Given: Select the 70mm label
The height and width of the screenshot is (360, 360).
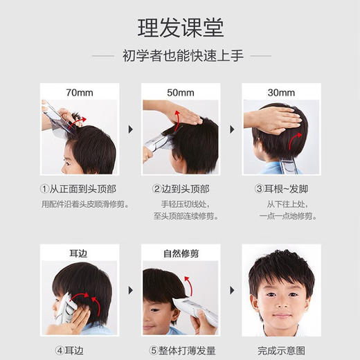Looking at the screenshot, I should tap(79, 92).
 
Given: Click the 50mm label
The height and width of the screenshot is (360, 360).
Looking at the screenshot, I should tap(181, 92).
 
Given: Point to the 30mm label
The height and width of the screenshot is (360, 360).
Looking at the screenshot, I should tap(282, 92).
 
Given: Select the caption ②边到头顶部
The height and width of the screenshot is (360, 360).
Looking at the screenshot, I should tap(181, 189).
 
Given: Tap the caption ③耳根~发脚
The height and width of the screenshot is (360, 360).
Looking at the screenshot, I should tap(282, 189).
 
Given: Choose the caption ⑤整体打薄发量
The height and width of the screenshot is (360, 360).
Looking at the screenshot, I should tap(181, 350).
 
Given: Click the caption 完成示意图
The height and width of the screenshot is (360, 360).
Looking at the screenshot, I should tap(282, 350).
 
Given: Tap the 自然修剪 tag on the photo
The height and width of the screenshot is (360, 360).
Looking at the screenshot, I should tap(181, 253).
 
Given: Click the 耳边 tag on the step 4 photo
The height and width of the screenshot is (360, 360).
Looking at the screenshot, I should tap(79, 253).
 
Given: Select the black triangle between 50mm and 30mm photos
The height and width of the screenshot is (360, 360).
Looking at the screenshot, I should tap(231, 129).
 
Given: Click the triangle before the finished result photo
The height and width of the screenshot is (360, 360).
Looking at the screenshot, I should tap(231, 291).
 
